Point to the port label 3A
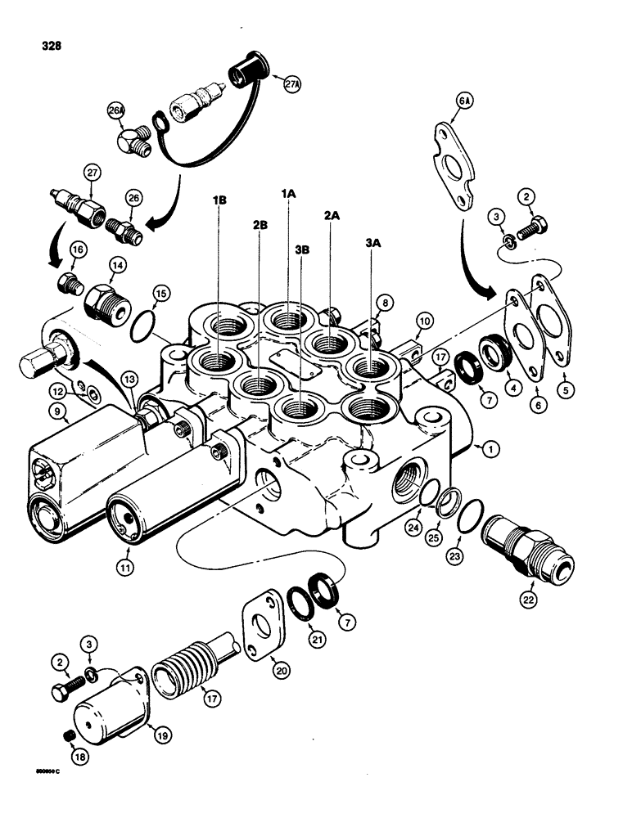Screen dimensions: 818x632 pos(372,242)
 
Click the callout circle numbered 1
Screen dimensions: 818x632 pos(489,447)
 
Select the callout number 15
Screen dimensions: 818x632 pos(160,292)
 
